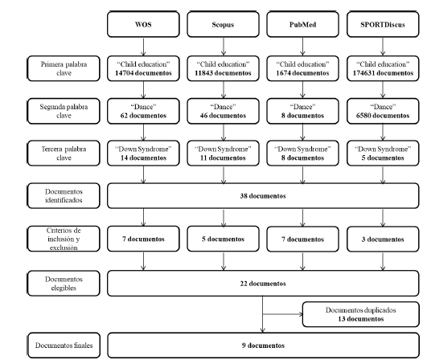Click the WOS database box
click(x=143, y=24)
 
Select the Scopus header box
click(x=223, y=24)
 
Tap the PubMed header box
click(x=302, y=24)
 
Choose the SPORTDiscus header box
click(x=383, y=24)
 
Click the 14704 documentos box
click(x=143, y=68)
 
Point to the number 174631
click(x=365, y=73)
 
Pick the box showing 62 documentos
click(x=143, y=111)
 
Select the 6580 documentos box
click(x=383, y=111)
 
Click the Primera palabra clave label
click(x=64, y=68)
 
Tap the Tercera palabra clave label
click(x=64, y=153)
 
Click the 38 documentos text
click(x=263, y=196)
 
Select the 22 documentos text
click(x=263, y=284)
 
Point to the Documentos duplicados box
click(x=360, y=314)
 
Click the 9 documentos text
click(x=263, y=346)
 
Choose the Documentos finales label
click(x=64, y=346)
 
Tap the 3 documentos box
click(x=383, y=239)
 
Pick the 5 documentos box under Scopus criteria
click(x=223, y=239)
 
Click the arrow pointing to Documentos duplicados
click(x=282, y=314)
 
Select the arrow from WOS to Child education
click(x=143, y=47)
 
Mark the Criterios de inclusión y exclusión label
click(x=64, y=239)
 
